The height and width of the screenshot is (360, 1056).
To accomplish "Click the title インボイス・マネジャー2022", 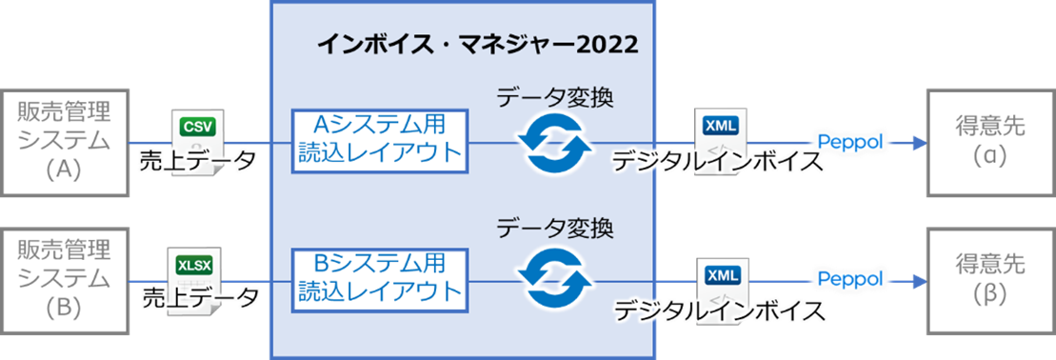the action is coord(476,45).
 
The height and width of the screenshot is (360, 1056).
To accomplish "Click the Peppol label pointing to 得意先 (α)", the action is coord(848,142).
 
